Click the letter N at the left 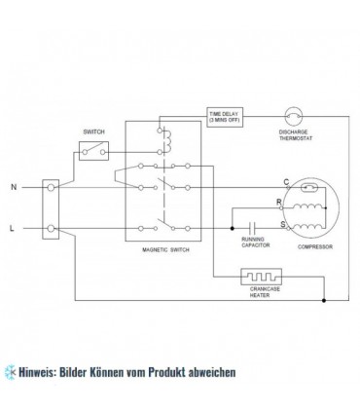tap(12, 184)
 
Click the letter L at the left tap(12, 227)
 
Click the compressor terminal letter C tap(285, 182)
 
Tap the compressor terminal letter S tap(283, 225)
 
